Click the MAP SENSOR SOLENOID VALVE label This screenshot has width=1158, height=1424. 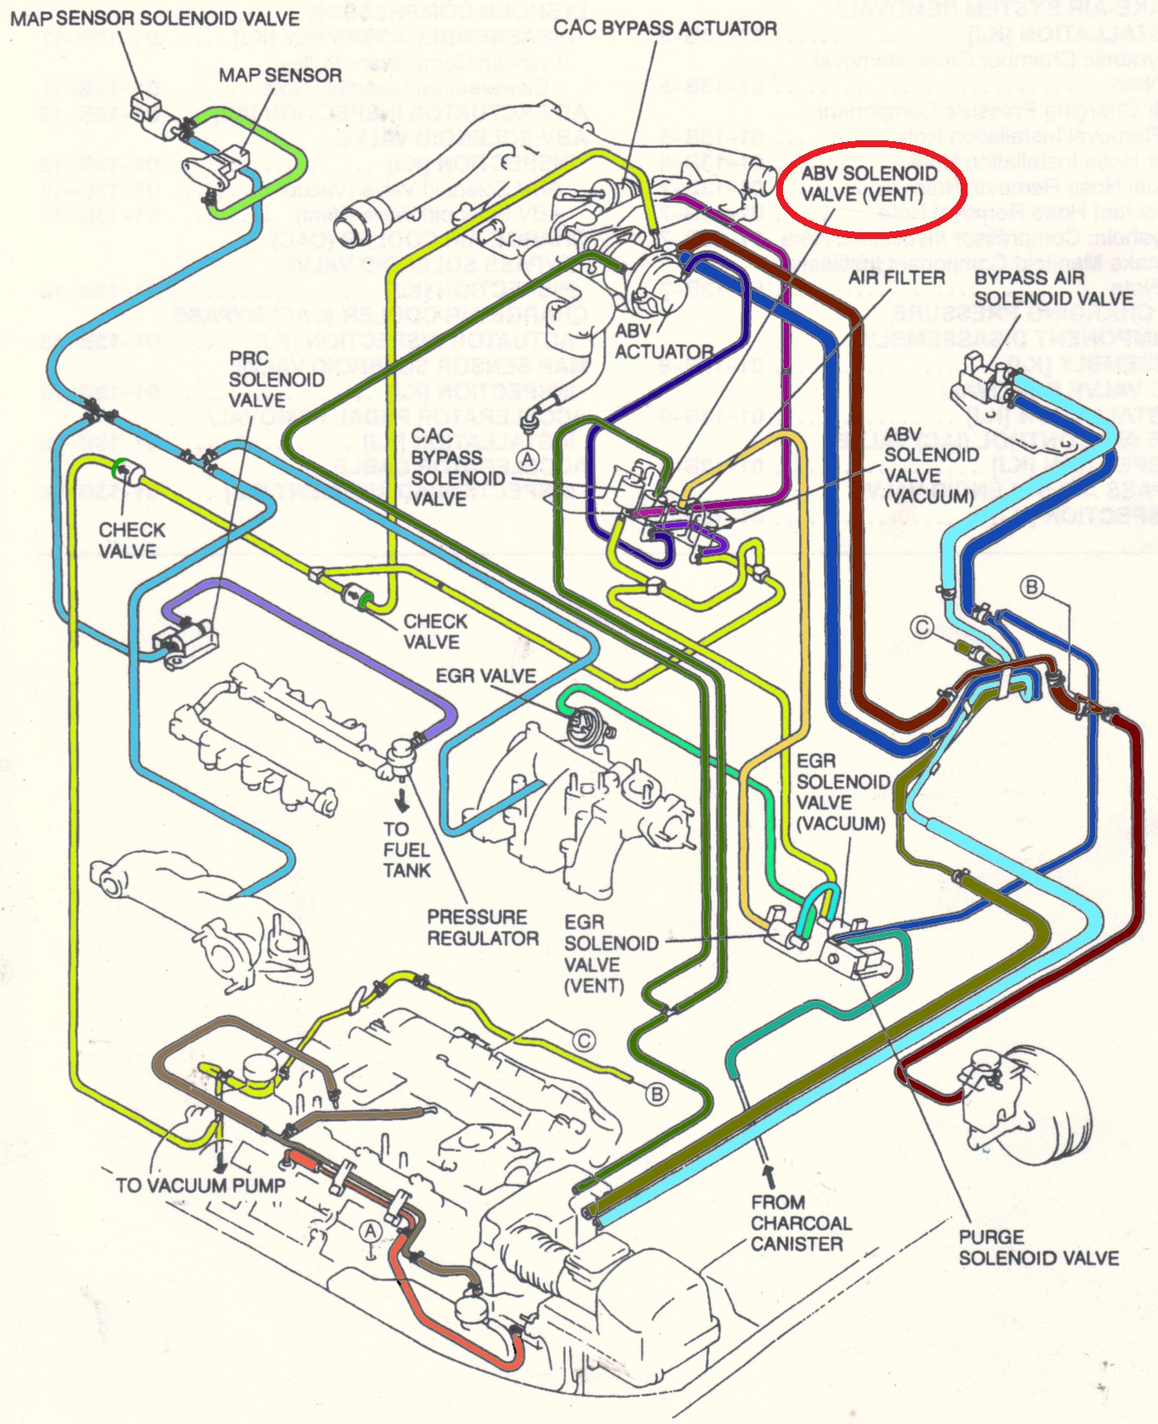155,18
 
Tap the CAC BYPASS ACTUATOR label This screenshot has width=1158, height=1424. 665,28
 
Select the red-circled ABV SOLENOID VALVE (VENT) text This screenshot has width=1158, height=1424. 869,184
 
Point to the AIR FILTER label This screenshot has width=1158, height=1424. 896,278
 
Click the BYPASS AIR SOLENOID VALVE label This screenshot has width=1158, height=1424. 1053,288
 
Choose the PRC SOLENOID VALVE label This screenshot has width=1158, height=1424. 276,379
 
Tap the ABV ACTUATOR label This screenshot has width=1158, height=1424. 663,341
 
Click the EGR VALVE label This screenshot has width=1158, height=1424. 485,676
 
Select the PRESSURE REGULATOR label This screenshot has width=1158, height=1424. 483,927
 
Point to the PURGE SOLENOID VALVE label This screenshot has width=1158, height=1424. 1038,1247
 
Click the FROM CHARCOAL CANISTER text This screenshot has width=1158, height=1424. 800,1222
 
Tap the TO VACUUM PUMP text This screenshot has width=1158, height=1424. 200,1185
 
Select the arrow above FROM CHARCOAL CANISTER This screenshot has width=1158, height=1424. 769,1175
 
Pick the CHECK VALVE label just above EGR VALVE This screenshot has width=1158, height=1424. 435,631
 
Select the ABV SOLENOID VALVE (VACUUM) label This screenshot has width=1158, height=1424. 930,465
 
